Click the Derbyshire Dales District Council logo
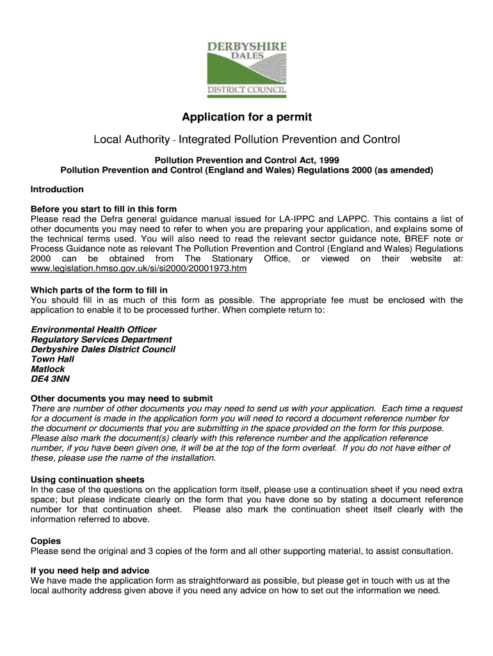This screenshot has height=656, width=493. coord(247,69)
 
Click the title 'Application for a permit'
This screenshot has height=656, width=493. coord(247,117)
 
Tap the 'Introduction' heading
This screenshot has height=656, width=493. coord(57,189)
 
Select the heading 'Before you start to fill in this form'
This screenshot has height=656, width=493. coord(104,209)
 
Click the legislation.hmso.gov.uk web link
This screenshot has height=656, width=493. coord(138,268)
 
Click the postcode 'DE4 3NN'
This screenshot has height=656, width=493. coord(51,379)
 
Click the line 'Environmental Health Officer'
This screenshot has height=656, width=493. coord(93,329)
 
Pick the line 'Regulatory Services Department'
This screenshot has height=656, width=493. coord(101,340)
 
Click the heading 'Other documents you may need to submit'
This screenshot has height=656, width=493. coord(113,398)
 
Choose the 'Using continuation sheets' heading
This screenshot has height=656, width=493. coord(87,479)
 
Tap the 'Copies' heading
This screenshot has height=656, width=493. coord(45,541)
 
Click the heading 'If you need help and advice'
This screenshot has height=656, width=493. coord(90,570)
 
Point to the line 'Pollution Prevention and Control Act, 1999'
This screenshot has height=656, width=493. coord(247,160)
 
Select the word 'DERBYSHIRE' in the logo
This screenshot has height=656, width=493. coord(247,47)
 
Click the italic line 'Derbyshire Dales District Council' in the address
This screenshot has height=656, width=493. coord(103,349)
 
